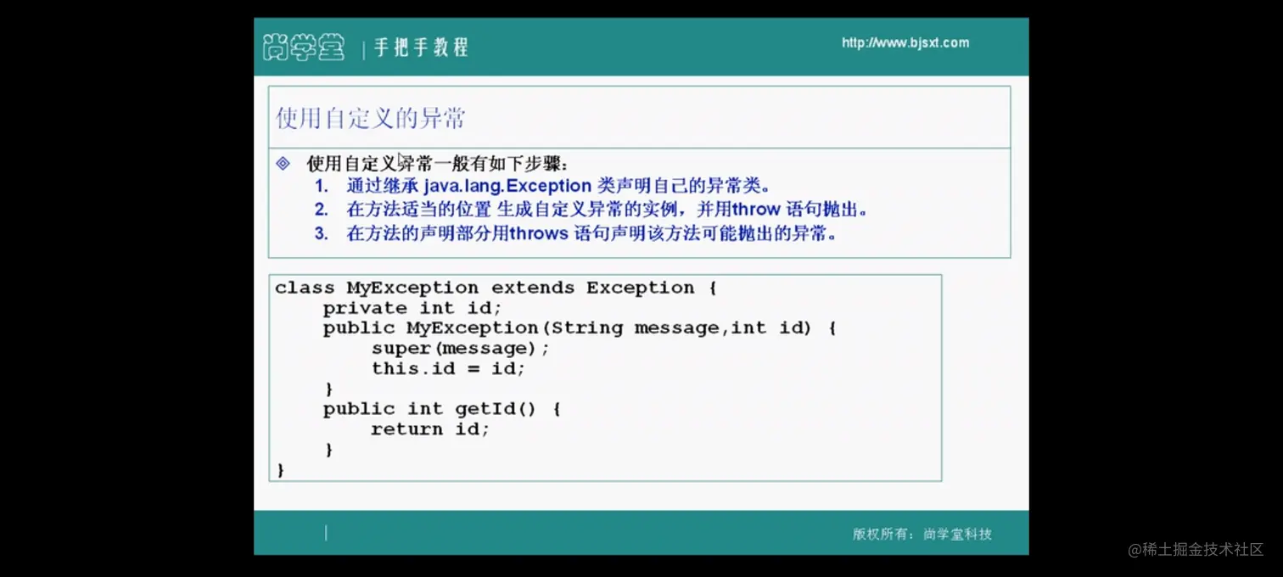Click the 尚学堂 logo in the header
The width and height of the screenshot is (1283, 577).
click(x=304, y=47)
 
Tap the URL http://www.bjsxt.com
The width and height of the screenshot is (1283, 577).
click(x=905, y=43)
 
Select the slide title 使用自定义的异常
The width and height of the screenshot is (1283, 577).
click(x=371, y=118)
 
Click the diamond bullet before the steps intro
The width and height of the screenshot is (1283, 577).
click(x=283, y=163)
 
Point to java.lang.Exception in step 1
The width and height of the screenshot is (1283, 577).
click(x=507, y=186)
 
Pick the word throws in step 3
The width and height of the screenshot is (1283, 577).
click(x=538, y=233)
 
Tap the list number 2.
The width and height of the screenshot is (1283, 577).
click(x=322, y=209)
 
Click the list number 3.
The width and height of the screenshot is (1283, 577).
click(x=322, y=233)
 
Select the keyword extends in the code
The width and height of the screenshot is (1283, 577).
click(x=533, y=287)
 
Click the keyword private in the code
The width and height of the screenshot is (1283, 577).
click(x=365, y=308)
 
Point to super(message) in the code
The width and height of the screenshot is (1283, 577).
click(x=454, y=348)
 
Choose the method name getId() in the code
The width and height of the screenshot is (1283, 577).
click(x=496, y=408)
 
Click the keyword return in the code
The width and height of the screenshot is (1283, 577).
click(x=406, y=429)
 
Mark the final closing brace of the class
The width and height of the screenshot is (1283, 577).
click(x=281, y=470)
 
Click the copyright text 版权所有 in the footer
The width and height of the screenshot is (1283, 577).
click(x=880, y=534)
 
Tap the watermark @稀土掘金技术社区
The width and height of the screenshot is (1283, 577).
click(x=1196, y=550)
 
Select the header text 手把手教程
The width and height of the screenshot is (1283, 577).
click(x=422, y=47)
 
